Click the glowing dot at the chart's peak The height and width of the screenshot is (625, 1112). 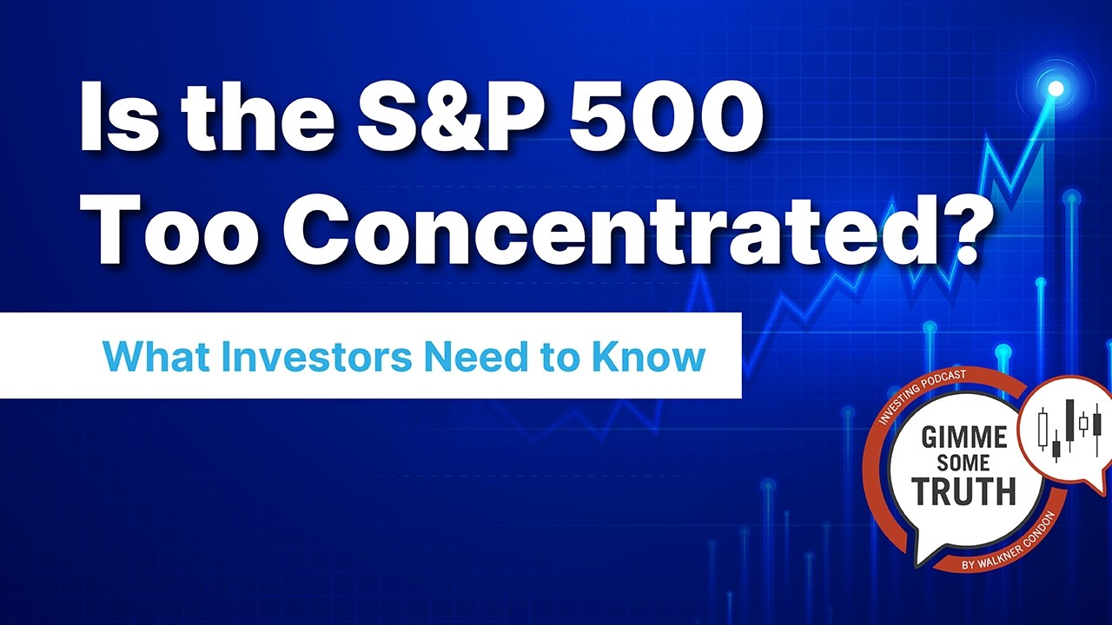1056,88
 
